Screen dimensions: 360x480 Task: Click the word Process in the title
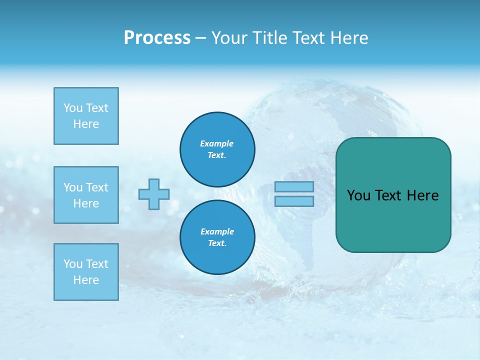(157, 38)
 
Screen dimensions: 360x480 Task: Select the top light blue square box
(86, 116)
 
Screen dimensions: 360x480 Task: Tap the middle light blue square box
(86, 195)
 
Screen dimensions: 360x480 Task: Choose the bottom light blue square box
(86, 272)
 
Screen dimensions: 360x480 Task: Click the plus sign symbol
(154, 194)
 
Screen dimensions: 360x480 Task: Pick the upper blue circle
(217, 149)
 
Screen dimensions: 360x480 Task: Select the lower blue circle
(217, 237)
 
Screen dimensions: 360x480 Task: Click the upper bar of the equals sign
(294, 186)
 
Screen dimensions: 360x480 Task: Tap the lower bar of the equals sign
(294, 201)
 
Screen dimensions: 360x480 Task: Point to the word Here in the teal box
(422, 195)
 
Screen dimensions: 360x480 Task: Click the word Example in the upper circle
(217, 143)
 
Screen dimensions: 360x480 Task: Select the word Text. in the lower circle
(217, 243)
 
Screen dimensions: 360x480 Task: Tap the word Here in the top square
(86, 124)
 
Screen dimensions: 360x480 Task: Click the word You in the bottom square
(73, 264)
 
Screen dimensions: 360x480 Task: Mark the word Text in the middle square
(97, 187)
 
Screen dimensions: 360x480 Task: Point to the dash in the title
(200, 38)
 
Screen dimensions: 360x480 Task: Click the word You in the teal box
(358, 195)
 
